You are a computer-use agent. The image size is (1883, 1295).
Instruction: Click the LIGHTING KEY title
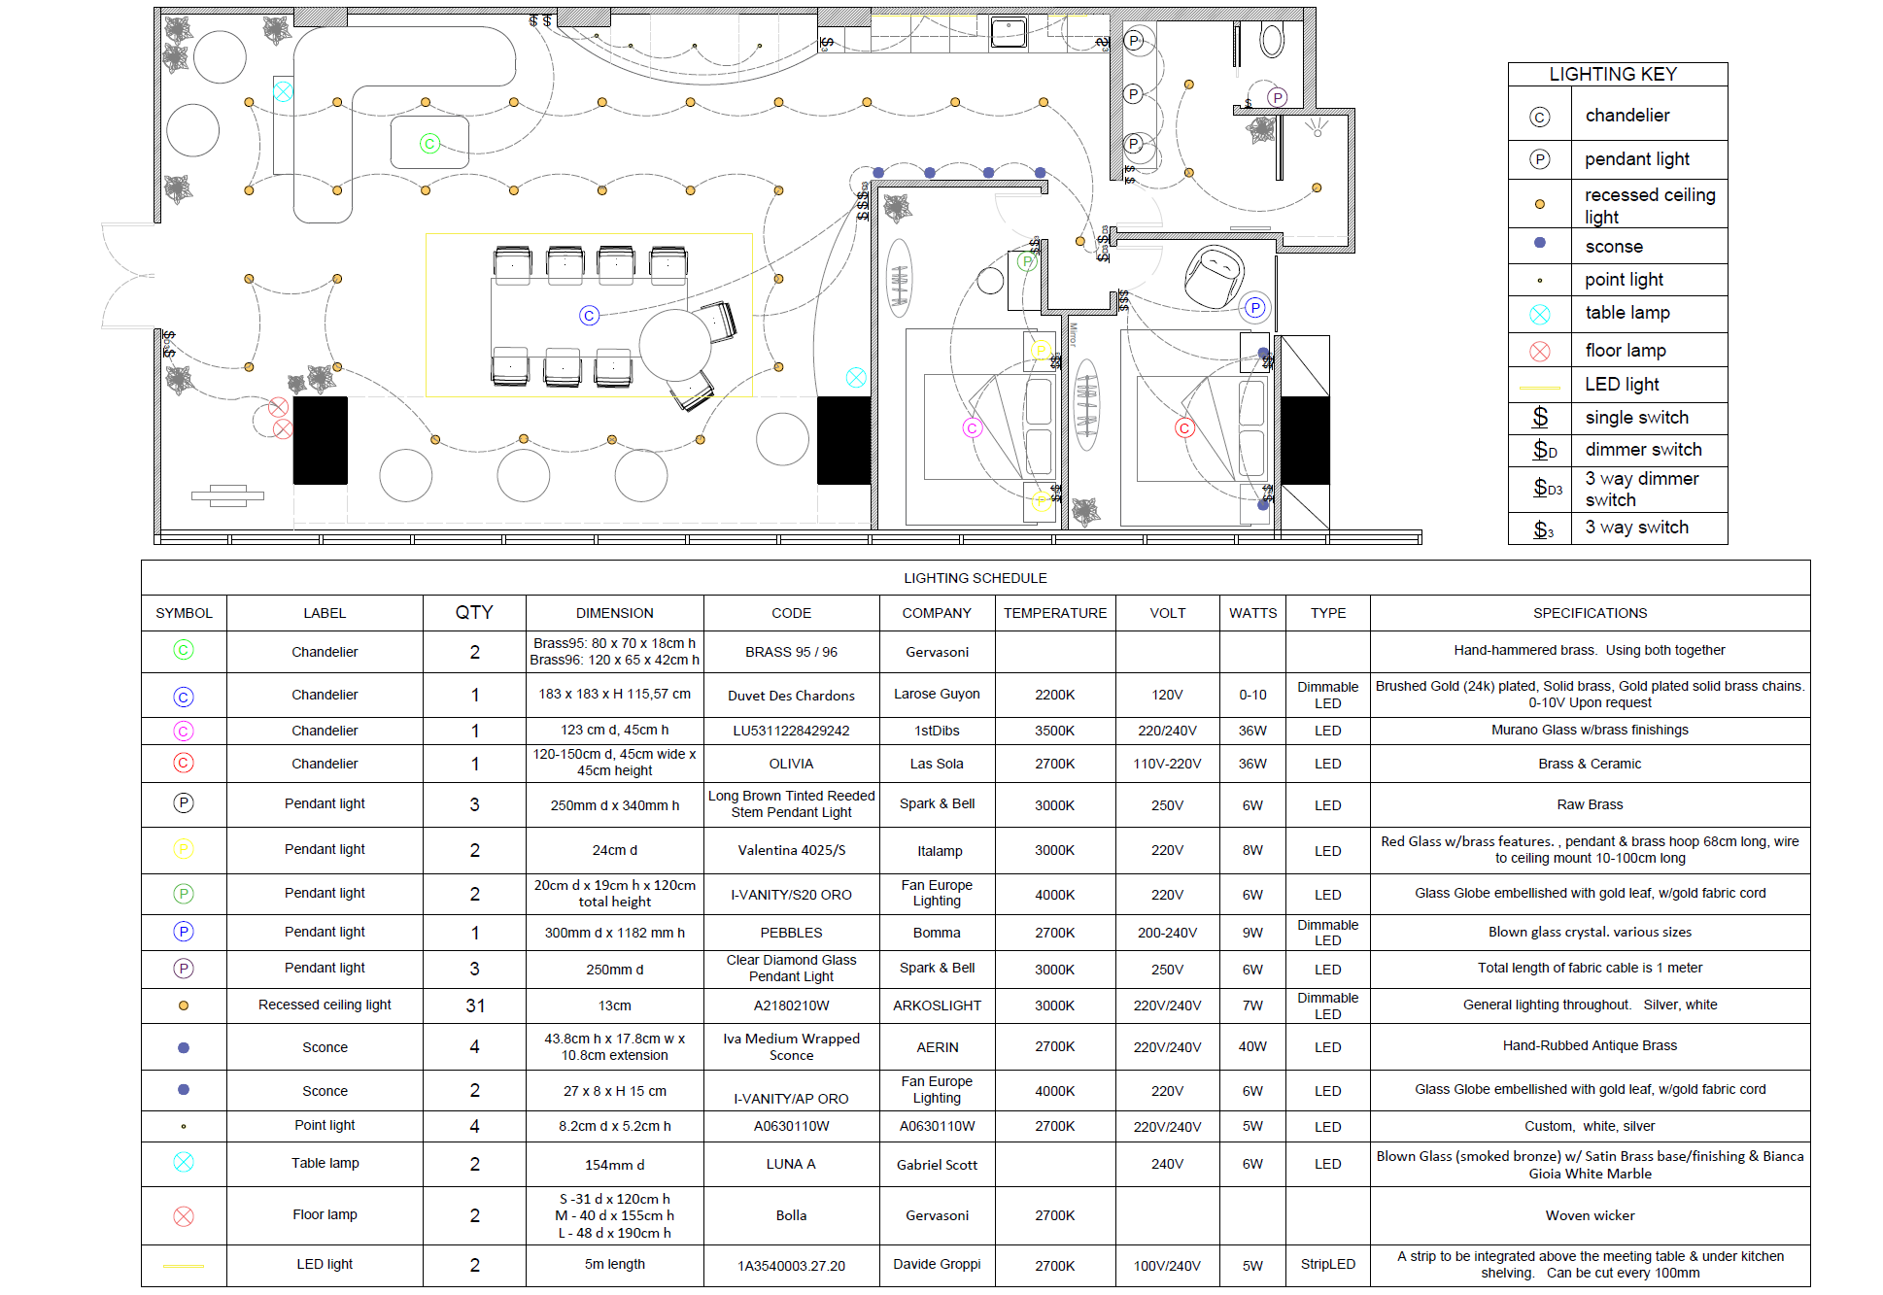coord(1612,75)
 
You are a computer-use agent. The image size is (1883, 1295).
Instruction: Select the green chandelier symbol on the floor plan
coord(429,144)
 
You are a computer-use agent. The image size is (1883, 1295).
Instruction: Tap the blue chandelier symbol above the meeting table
coord(589,316)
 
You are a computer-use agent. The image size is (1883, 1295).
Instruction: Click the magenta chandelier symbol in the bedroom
coord(972,427)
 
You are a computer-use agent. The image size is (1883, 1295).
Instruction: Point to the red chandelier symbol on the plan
coord(1183,427)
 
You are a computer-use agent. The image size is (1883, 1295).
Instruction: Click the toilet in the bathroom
coord(1272,40)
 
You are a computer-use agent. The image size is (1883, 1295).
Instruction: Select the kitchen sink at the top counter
coord(1009,33)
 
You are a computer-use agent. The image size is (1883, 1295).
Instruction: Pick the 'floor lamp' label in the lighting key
coord(1626,351)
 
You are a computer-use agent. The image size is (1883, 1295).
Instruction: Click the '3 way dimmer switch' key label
coord(1642,490)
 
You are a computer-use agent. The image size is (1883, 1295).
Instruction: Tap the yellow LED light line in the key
coord(1540,388)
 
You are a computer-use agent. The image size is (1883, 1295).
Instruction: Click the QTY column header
coord(474,612)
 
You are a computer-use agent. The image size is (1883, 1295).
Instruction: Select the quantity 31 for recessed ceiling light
coord(475,1005)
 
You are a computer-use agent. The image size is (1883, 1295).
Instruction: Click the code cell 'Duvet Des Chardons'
coord(791,696)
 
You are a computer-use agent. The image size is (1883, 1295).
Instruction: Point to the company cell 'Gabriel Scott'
coord(937,1165)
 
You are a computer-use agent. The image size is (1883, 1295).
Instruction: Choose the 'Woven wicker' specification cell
coord(1590,1215)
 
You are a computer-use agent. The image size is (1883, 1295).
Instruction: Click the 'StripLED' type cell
coord(1327,1264)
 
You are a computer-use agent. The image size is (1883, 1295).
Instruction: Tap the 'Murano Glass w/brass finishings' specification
coord(1590,730)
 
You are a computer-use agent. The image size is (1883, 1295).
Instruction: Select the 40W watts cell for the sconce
coord(1252,1046)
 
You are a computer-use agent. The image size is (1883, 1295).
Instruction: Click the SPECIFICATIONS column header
coord(1590,613)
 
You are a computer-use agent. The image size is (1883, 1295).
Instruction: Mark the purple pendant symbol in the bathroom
coord(1278,97)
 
